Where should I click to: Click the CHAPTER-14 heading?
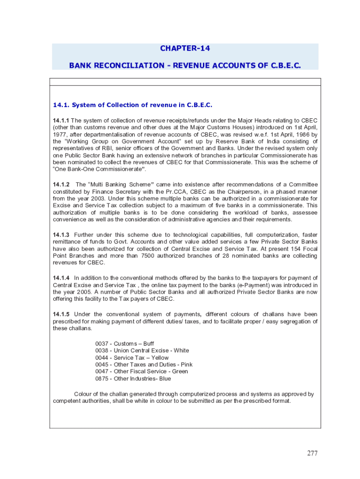(x=185, y=48)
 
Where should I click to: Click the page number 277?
(x=312, y=453)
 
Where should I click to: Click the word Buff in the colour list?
(x=149, y=343)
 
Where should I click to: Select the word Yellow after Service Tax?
(x=160, y=357)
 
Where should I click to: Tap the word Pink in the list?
(x=187, y=364)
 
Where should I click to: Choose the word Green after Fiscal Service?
(x=180, y=371)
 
